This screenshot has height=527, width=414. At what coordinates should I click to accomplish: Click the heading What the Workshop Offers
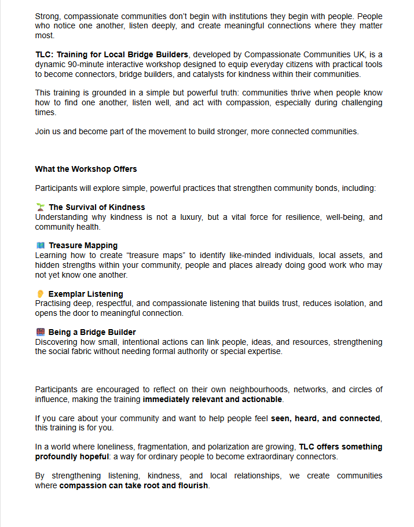[86, 169]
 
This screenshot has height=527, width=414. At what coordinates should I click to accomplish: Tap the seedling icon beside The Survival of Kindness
[40, 207]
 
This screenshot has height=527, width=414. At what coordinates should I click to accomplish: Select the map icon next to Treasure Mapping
[40, 245]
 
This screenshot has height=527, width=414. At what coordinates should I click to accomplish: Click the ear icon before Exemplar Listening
[40, 294]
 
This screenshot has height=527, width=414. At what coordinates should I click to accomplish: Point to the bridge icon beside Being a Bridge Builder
[40, 332]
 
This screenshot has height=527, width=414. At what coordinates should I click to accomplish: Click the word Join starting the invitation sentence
[43, 131]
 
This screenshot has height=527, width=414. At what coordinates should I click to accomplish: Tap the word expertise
[264, 351]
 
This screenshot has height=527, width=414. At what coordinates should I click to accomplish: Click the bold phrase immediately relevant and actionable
[213, 399]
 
